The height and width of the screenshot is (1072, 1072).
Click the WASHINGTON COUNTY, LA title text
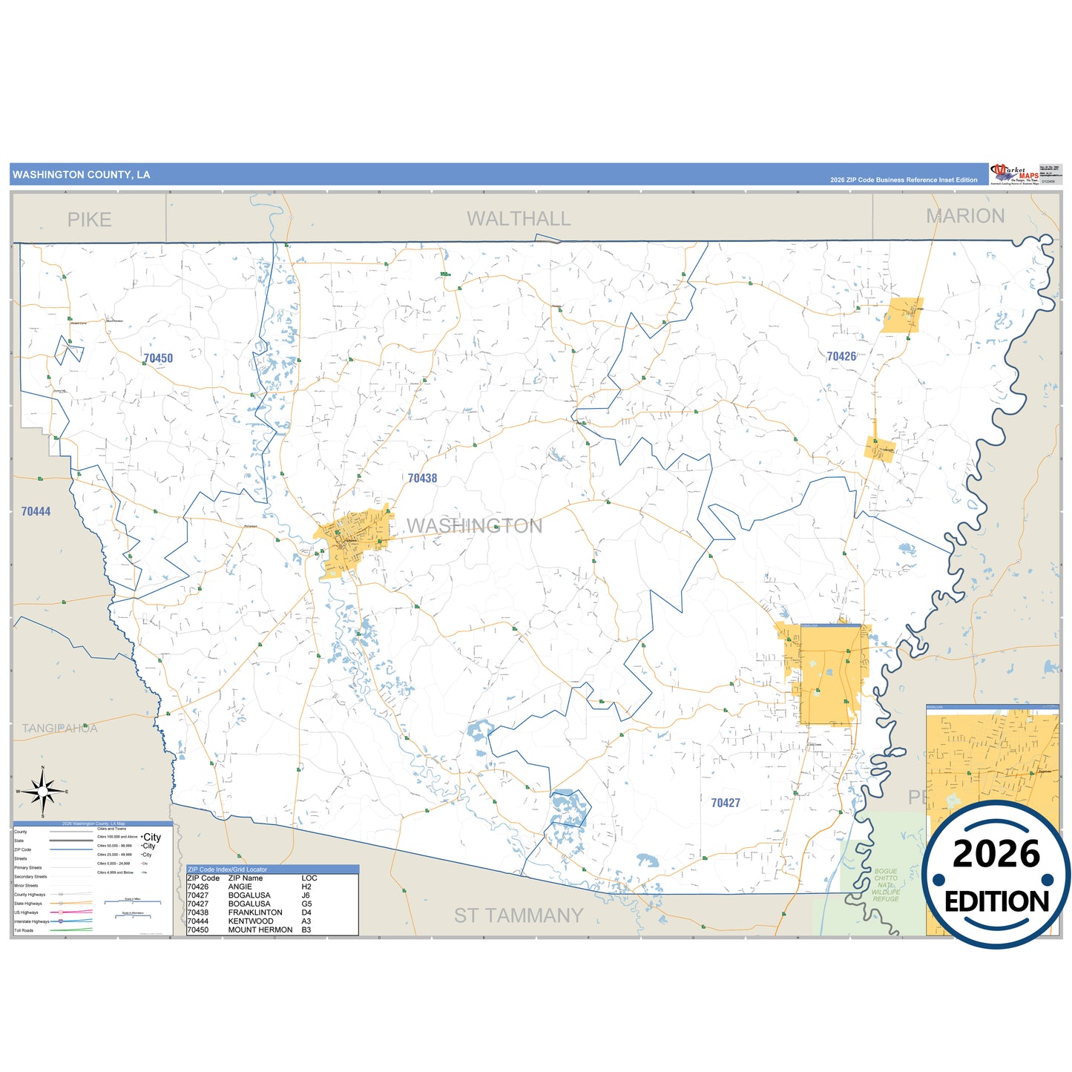point(82,175)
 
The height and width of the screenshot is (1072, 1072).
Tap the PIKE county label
point(89,220)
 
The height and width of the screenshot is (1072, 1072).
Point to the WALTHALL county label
point(519,219)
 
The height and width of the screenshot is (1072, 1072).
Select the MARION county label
point(965,216)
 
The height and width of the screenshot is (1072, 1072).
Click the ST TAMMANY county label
point(519,915)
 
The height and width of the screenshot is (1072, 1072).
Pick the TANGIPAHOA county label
point(59,729)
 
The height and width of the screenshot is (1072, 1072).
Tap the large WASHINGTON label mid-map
point(475,526)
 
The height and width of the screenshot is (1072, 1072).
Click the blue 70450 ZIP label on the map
point(158,358)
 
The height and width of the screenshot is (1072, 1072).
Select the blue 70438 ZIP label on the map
point(423,479)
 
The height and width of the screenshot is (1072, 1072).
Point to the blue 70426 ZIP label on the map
point(841,357)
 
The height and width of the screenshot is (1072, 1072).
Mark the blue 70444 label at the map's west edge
point(36,511)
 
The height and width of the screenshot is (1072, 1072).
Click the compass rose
point(43,792)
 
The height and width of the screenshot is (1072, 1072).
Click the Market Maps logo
point(1014,174)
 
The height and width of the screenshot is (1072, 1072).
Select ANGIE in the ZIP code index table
point(240,887)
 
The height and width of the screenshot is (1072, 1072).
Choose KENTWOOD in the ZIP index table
point(251,921)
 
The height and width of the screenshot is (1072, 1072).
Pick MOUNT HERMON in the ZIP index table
point(260,930)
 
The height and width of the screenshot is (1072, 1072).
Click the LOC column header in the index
point(309,878)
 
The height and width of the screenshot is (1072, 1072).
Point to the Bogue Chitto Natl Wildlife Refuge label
point(886,885)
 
